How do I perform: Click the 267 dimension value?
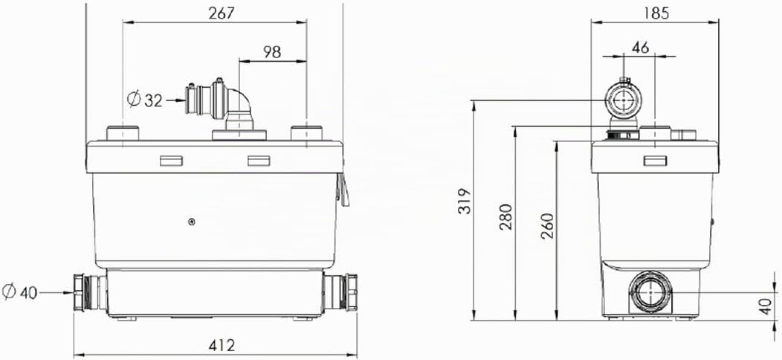coord(221,13)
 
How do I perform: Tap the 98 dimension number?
coord(272,52)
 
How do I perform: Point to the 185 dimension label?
coord(656,13)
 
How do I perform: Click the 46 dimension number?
coord(640,48)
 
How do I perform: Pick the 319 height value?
coord(465,201)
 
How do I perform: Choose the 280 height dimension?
coord(506,216)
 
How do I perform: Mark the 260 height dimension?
coord(548,225)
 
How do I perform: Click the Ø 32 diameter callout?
coord(145,100)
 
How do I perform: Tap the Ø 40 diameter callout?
coord(20,292)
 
